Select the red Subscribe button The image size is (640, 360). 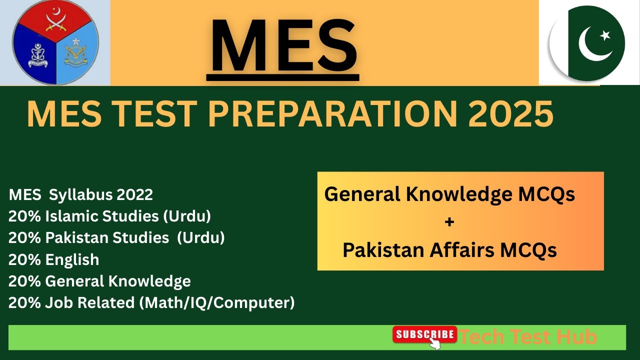click(424, 334)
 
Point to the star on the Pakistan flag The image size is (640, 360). click(605, 35)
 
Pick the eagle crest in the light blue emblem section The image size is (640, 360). click(75, 54)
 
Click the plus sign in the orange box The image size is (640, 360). click(449, 221)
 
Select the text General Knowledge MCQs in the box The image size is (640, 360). click(449, 194)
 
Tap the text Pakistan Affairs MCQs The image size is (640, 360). click(449, 249)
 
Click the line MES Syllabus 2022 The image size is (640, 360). click(80, 194)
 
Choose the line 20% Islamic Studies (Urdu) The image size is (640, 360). click(109, 216)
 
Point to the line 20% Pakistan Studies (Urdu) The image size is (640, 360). click(116, 237)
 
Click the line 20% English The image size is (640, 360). click(53, 259)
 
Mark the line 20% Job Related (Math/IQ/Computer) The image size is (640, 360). click(151, 302)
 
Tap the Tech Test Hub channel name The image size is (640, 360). click(528, 337)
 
